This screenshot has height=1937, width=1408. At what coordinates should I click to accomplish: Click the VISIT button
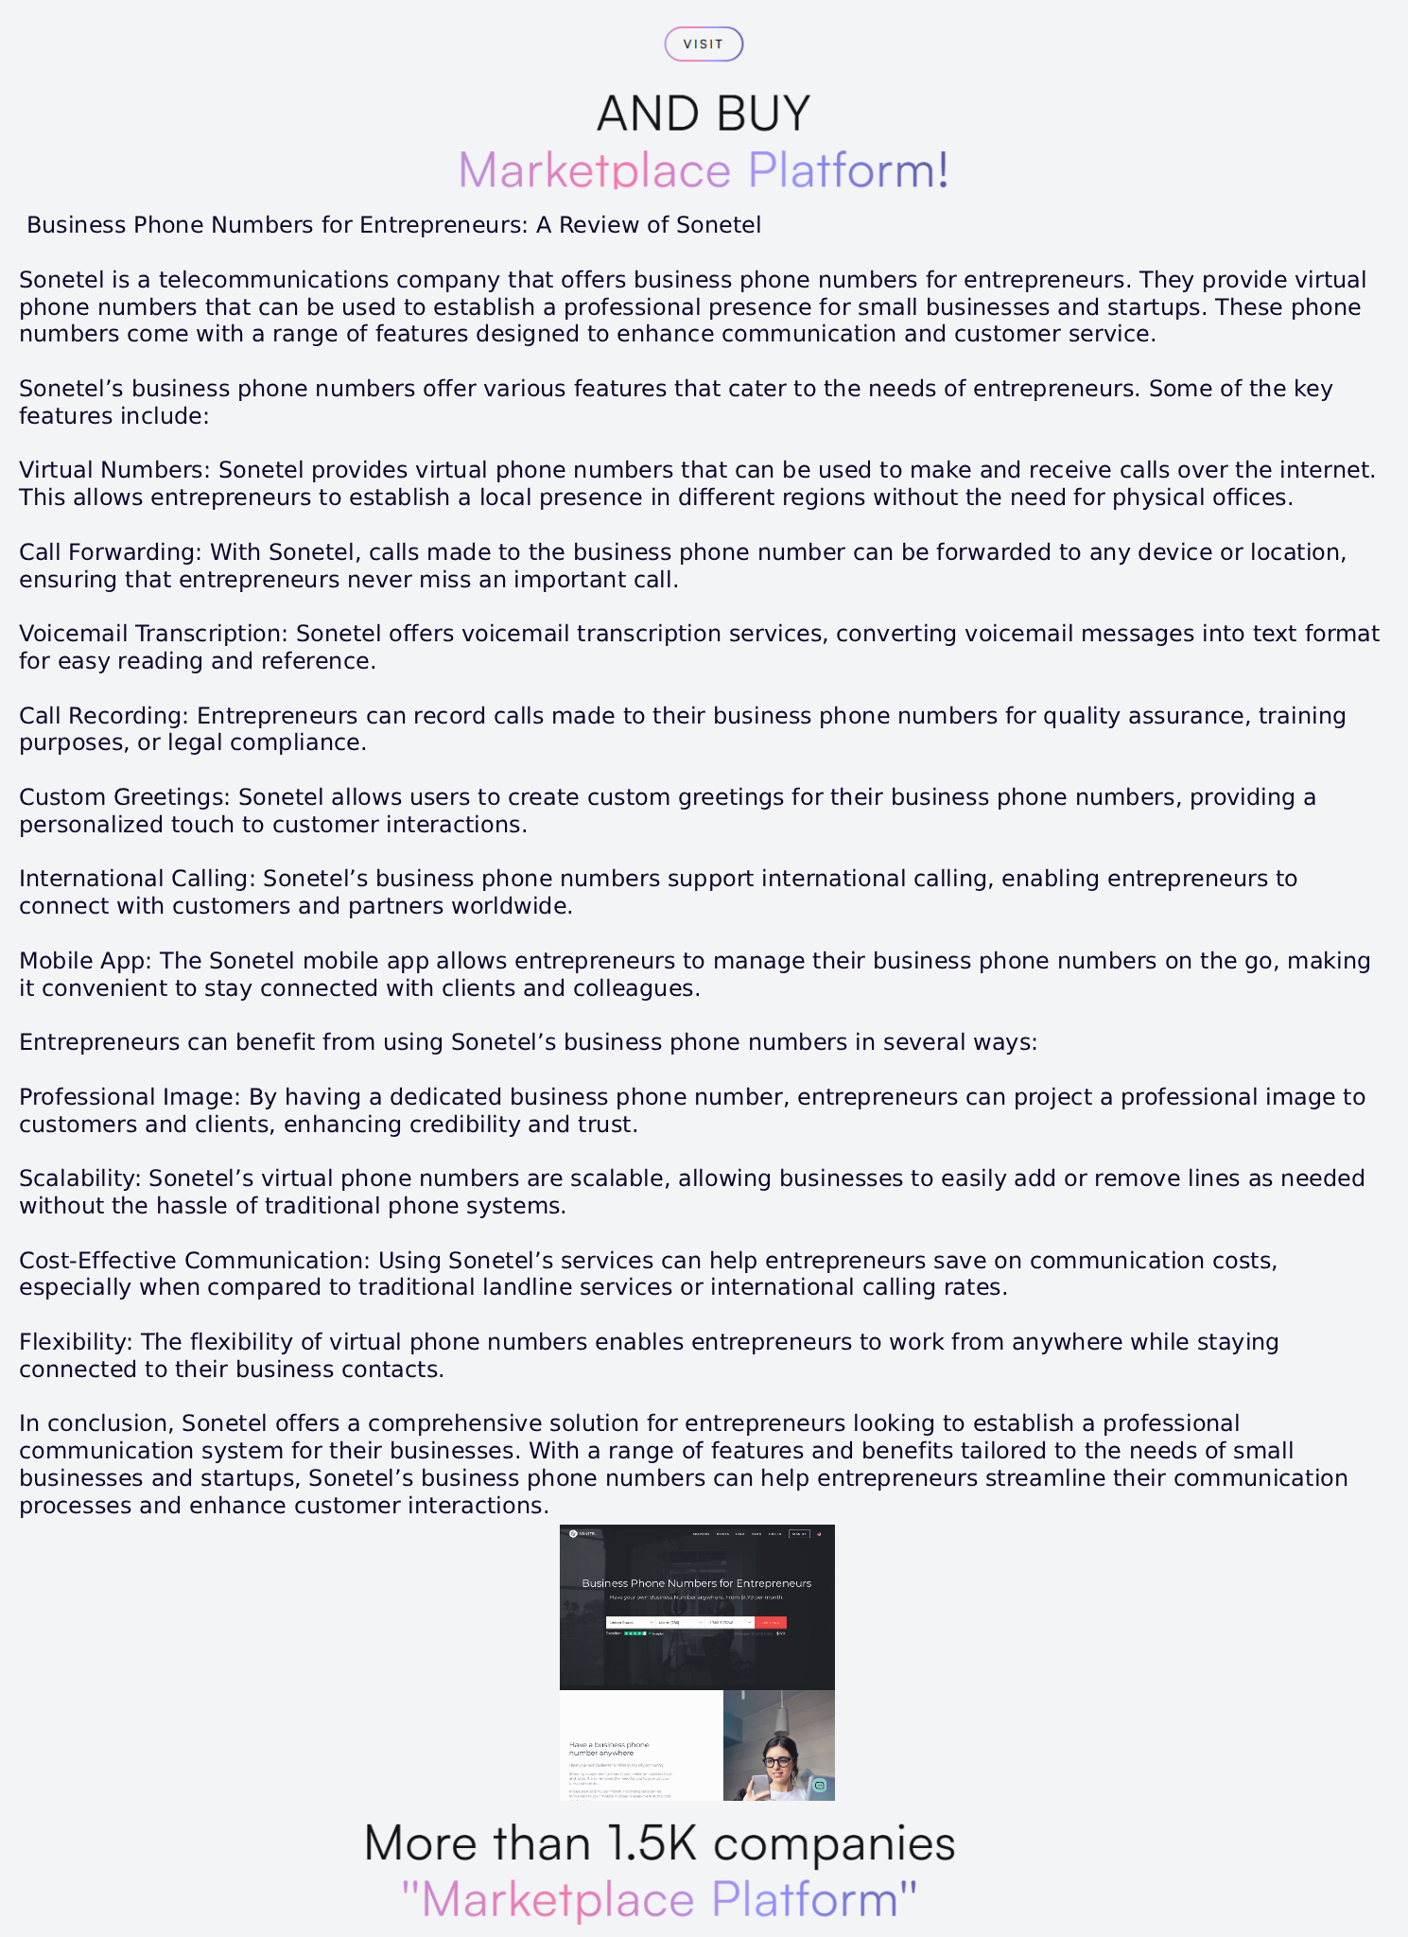click(x=704, y=44)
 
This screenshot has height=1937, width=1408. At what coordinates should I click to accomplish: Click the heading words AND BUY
click(x=704, y=113)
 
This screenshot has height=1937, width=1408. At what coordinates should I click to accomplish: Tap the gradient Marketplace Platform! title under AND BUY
click(x=704, y=170)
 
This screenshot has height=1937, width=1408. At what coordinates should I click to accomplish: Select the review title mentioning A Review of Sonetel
click(x=393, y=225)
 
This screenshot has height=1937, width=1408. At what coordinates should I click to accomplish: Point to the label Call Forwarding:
click(x=111, y=552)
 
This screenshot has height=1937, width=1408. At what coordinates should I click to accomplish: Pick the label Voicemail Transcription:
click(x=153, y=634)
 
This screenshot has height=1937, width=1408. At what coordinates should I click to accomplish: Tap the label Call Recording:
click(x=104, y=716)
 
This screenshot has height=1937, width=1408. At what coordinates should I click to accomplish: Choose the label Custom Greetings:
click(x=125, y=797)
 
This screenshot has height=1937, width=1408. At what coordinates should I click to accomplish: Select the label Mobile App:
click(x=85, y=961)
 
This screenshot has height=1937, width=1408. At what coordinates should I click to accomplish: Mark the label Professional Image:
click(x=130, y=1097)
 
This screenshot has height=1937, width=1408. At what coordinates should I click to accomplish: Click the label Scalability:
click(x=80, y=1178)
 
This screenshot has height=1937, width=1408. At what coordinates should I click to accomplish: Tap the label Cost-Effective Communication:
click(x=195, y=1261)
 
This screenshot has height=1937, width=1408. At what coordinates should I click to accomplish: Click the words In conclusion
click(x=95, y=1423)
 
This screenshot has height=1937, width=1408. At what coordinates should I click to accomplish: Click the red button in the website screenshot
click(x=771, y=1622)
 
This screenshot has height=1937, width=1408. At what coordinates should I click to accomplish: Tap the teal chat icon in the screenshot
click(x=820, y=1786)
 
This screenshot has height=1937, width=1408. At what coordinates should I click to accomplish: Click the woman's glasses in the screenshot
click(x=777, y=1762)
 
